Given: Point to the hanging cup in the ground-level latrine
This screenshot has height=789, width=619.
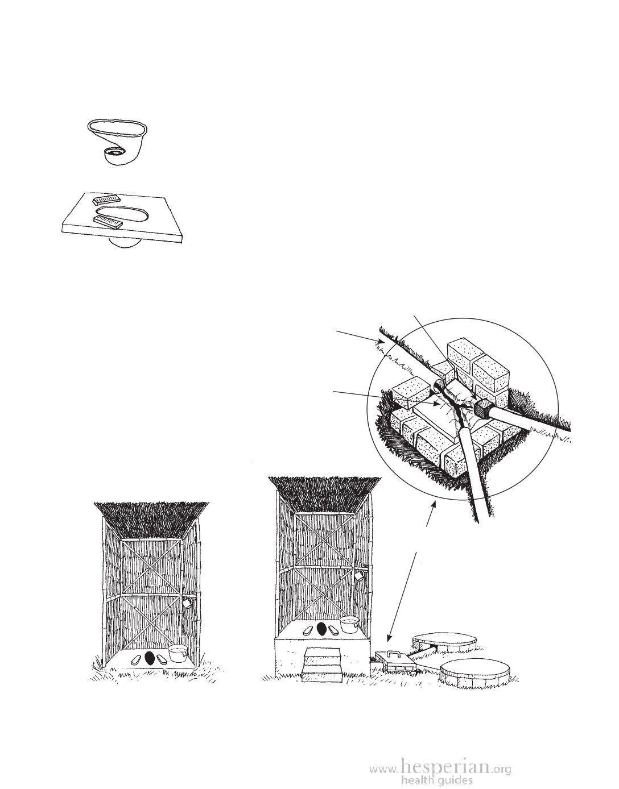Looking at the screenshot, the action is pos(188,602).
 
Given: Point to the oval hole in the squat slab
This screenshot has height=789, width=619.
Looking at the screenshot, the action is pos(122,214).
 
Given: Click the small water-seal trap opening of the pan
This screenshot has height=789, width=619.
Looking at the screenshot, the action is pos(115,152).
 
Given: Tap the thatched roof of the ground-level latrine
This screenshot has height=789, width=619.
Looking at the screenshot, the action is pos(151,521).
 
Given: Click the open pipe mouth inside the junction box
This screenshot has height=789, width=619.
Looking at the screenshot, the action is pos(436,384).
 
